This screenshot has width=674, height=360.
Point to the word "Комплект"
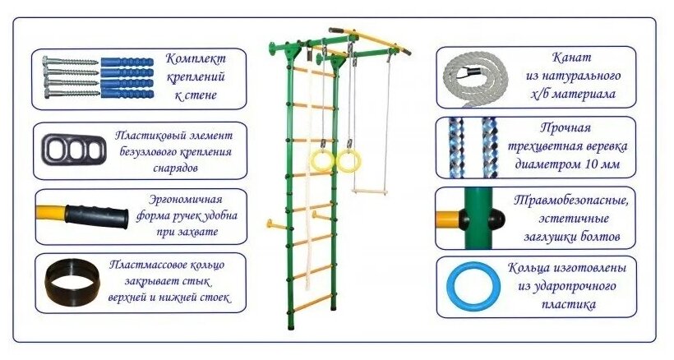(194, 59)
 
